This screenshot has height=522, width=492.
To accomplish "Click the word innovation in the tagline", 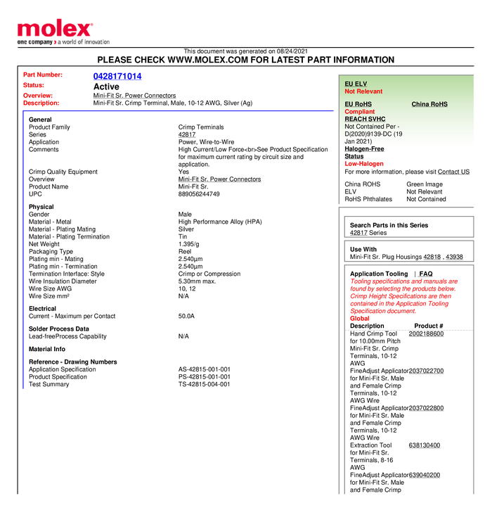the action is (x=95, y=42).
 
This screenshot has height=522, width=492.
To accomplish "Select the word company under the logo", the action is (x=36, y=42).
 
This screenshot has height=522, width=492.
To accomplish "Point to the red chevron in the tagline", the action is (x=54, y=42).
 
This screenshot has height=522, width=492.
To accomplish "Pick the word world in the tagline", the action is (x=70, y=42).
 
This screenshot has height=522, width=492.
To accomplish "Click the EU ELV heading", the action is (x=356, y=84).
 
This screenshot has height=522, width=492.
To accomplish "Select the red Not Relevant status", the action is (x=363, y=91).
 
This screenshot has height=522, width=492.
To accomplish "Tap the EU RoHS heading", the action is (x=358, y=104).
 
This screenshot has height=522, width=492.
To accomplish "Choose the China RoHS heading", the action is (x=429, y=104).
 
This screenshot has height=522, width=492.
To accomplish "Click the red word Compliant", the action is (x=359, y=112).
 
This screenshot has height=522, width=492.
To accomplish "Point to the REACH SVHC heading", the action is (x=365, y=119).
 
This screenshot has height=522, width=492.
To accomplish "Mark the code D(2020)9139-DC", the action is (x=368, y=134).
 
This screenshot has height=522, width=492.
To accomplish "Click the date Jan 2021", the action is (x=358, y=141).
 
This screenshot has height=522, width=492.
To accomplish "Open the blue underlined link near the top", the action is (x=117, y=76).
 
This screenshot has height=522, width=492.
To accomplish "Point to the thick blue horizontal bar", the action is (x=177, y=110).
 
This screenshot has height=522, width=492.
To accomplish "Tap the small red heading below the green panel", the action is (x=363, y=163).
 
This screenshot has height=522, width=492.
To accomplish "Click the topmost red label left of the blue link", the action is (x=43, y=74).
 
